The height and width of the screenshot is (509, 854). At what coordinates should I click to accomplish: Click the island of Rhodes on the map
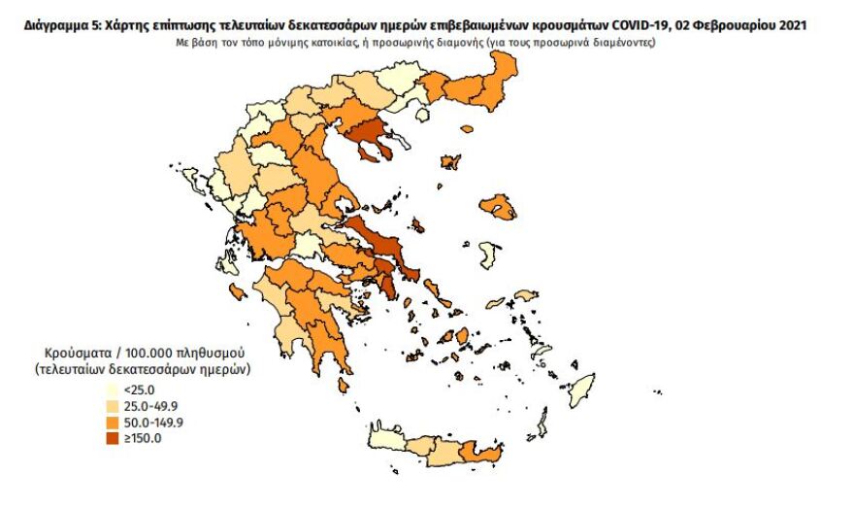(x=582, y=390)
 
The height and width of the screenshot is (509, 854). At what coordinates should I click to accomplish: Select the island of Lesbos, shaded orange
(x=500, y=207)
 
